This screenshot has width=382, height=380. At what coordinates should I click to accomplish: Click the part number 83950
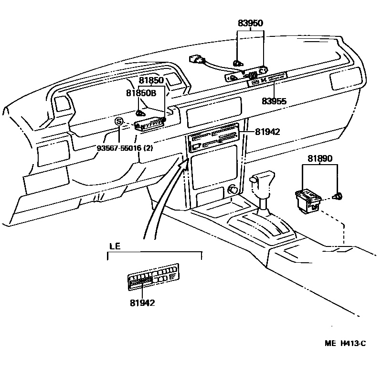251,23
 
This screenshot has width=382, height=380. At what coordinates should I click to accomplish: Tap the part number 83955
275,101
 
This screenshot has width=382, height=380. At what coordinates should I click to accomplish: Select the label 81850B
141,93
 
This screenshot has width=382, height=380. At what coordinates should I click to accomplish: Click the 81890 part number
320,158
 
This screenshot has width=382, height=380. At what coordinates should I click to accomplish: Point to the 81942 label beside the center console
267,132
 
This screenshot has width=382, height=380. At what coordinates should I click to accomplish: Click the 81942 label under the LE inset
142,302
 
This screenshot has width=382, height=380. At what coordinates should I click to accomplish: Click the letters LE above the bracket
115,246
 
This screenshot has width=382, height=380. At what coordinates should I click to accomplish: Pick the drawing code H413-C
353,343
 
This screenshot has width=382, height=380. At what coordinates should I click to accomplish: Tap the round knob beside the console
233,190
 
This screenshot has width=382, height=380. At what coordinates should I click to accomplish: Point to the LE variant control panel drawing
153,278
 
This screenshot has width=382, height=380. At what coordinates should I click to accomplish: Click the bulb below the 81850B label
140,113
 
